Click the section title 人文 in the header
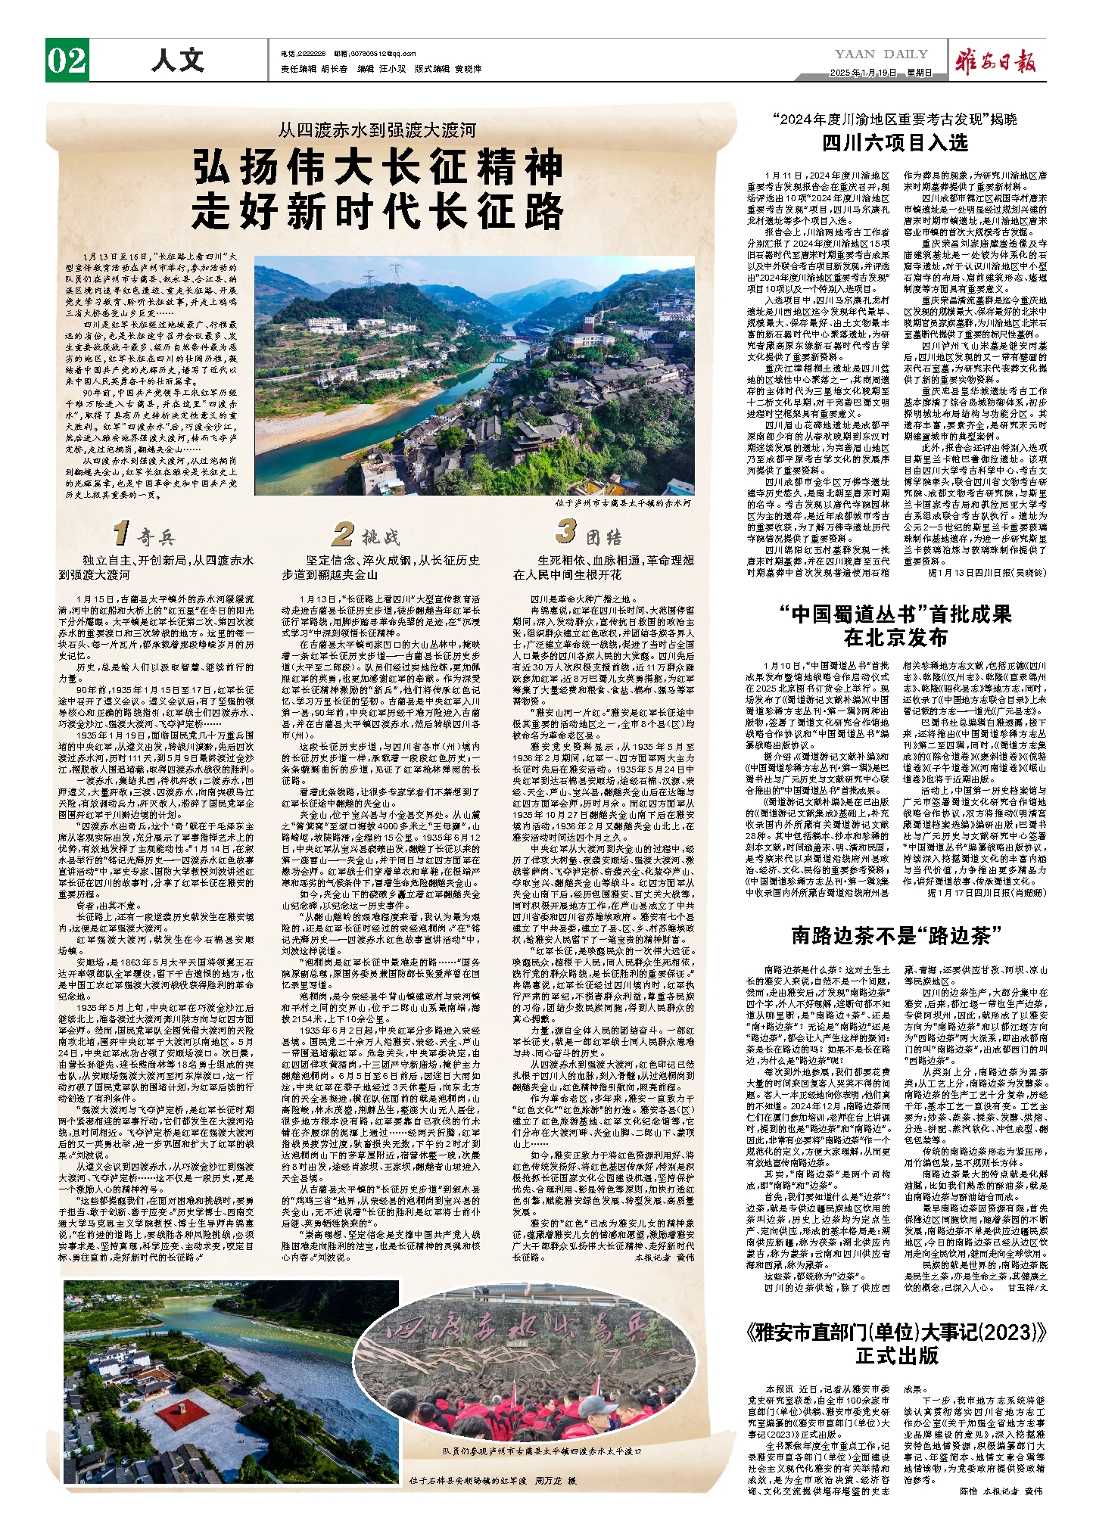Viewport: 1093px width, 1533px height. pos(177,60)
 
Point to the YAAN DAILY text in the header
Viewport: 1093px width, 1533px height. pos(881,54)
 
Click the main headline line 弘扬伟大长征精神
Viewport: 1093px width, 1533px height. pos(378,167)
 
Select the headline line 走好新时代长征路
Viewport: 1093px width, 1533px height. pos(378,211)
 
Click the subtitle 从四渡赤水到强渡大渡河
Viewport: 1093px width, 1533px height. pos(377,130)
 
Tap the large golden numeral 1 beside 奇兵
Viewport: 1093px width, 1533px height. pos(120,533)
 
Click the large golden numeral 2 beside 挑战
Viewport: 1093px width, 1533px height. pos(342,533)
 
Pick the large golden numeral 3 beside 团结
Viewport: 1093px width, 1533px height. pos(565,531)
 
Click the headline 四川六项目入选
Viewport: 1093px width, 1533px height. pos(895,143)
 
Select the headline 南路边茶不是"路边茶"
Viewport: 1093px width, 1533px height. pos(896,936)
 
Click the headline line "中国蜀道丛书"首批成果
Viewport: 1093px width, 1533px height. pos(895,614)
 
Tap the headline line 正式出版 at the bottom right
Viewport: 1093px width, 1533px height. pos(896,1355)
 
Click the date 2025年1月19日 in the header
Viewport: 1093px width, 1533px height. pos(863,73)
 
